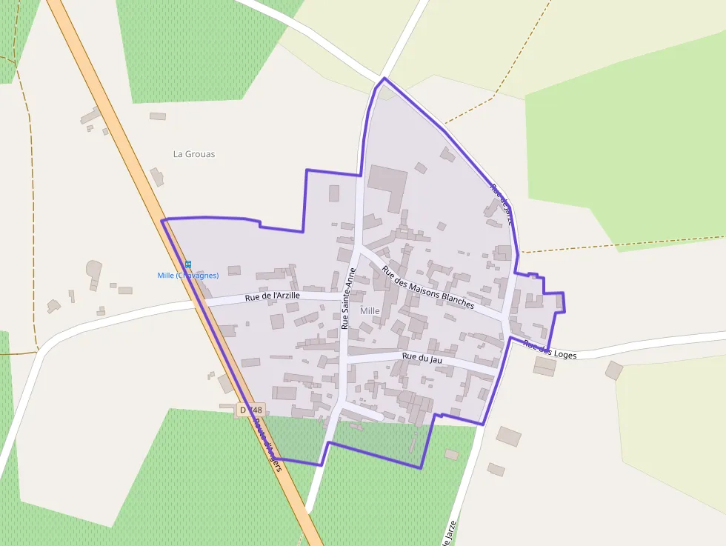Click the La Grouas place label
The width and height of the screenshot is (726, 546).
(x=194, y=154)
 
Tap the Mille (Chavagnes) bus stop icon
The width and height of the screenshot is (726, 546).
(x=188, y=264)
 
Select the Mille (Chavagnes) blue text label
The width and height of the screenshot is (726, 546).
(x=188, y=276)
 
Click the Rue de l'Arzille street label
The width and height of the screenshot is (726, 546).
(x=273, y=296)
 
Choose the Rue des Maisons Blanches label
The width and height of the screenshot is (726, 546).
(x=427, y=287)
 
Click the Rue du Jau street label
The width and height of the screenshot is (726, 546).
(x=422, y=357)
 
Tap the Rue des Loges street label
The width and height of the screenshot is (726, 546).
(x=549, y=349)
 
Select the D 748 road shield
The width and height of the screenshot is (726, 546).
(x=251, y=410)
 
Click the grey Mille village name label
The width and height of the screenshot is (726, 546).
(x=370, y=311)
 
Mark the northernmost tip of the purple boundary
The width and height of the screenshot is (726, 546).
(x=384, y=78)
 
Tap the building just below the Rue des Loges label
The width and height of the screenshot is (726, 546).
(x=544, y=367)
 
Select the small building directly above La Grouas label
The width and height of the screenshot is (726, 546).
(x=158, y=116)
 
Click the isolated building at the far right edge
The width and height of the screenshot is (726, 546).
(x=613, y=370)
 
